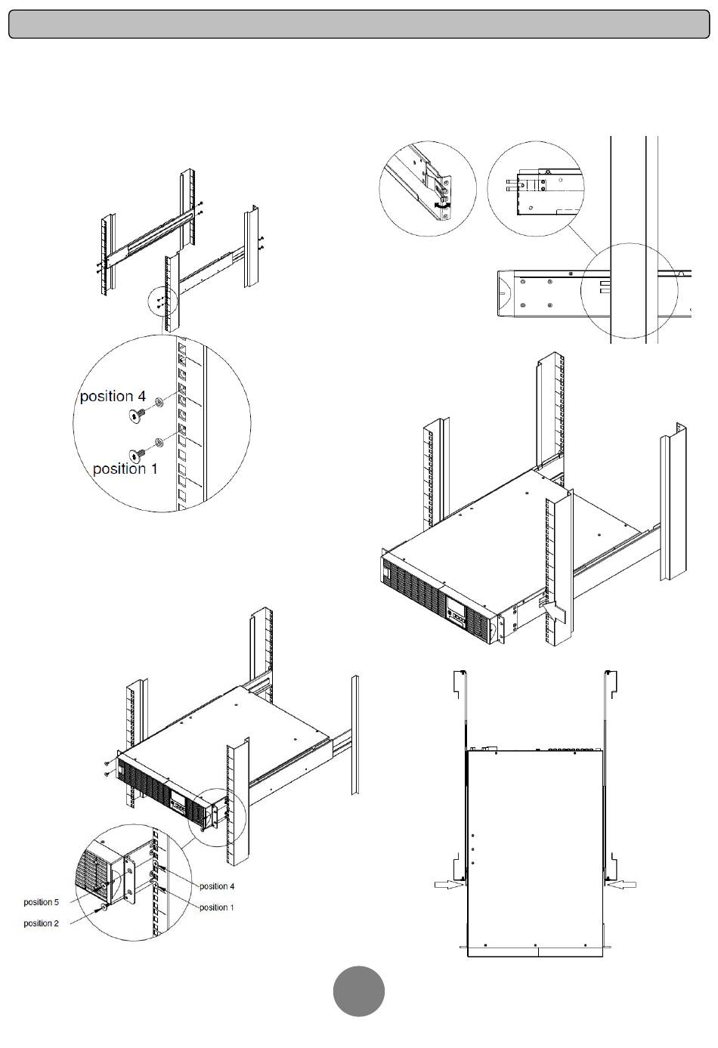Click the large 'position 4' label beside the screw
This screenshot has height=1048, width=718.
click(113, 397)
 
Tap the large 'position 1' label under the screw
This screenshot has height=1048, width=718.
click(125, 469)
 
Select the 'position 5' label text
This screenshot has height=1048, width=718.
click(41, 902)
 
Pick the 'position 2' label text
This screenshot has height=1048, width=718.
click(41, 923)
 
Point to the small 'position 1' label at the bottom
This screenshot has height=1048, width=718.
click(217, 907)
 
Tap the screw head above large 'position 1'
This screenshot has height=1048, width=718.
click(137, 453)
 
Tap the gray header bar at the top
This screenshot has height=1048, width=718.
click(358, 23)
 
